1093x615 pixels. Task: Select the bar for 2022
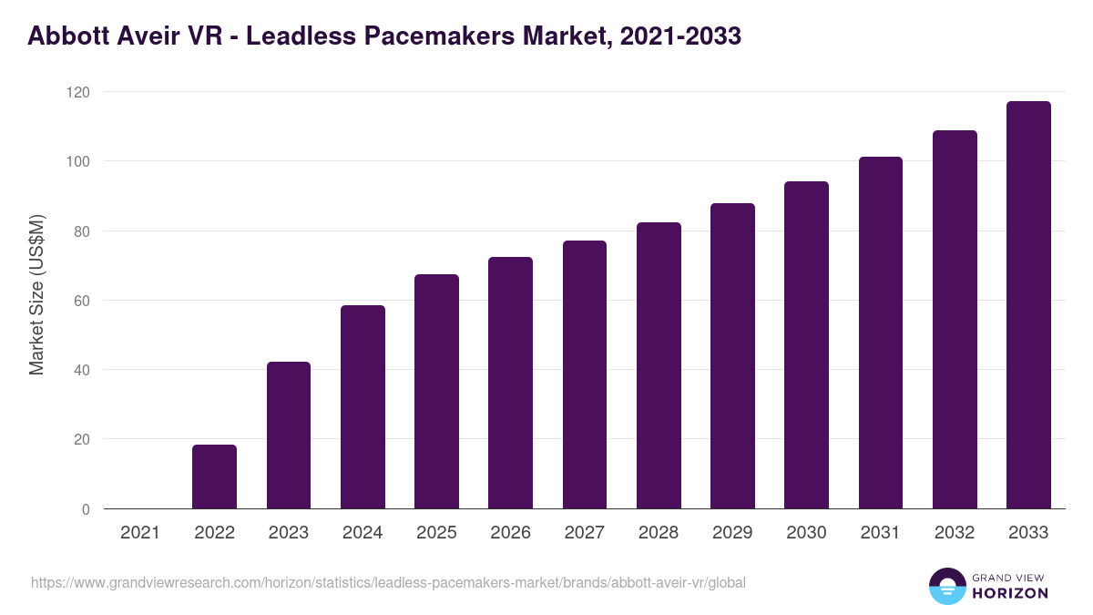pos(214,477)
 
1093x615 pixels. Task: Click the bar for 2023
pos(289,436)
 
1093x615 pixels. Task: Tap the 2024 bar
pos(363,407)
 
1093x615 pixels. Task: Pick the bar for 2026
pos(510,383)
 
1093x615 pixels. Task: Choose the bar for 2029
pos(732,355)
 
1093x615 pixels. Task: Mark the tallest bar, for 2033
pos(1028,305)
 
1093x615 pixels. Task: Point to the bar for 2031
pos(880,333)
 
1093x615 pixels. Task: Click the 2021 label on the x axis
pos(140,533)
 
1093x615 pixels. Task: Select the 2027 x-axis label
pos(585,533)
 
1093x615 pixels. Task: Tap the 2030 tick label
pos(806,533)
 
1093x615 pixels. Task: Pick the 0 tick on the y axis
pos(86,509)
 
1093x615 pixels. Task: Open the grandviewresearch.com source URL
pos(388,582)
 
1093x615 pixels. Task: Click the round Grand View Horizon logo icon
pos(947,586)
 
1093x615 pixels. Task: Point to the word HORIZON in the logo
pos(1010,593)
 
